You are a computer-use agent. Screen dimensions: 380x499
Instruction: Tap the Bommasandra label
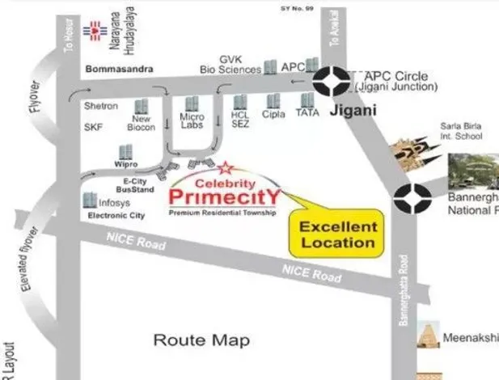(119, 70)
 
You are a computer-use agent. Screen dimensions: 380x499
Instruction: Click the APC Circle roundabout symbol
(332, 82)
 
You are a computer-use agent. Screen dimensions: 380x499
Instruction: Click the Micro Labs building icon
(192, 104)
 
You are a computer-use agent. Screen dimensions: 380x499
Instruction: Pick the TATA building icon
(307, 100)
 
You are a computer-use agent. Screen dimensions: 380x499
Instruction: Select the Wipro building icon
(126, 152)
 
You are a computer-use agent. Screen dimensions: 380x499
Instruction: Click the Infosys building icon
(89, 199)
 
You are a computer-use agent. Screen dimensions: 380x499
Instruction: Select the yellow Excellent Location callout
(338, 233)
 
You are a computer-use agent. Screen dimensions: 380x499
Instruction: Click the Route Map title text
(201, 340)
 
